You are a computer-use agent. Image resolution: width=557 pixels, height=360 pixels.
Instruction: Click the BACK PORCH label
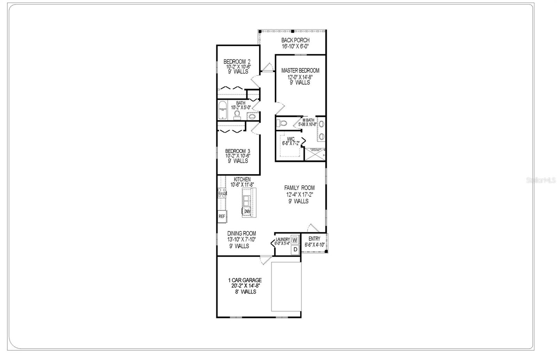point(295,40)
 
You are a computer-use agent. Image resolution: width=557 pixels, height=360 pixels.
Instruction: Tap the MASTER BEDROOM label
point(300,71)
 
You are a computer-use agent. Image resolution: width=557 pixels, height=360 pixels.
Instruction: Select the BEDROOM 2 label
point(237,62)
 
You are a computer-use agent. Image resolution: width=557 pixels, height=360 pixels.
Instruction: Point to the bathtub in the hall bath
point(222,110)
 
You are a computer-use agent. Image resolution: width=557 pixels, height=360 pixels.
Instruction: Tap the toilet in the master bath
point(282,123)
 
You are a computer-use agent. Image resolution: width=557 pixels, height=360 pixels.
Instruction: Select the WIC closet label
point(291,139)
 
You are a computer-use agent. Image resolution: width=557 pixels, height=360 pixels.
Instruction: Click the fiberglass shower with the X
point(315,154)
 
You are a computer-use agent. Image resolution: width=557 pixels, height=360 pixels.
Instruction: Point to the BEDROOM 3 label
point(237,151)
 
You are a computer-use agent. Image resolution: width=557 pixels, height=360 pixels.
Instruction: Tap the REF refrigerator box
point(222,216)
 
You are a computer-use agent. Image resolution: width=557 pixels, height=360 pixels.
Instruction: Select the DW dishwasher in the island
point(247,211)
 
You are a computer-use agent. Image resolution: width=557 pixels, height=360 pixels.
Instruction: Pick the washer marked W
point(295,240)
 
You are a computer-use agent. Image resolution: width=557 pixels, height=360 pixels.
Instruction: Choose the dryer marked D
point(295,249)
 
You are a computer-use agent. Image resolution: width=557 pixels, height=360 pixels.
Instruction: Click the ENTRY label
point(314,239)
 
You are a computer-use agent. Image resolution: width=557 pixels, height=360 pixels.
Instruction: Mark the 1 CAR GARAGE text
point(245,280)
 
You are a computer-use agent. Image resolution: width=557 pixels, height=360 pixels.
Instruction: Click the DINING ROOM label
point(242,234)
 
